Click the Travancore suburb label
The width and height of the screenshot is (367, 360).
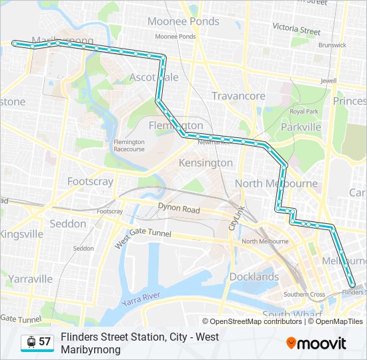(238, 96)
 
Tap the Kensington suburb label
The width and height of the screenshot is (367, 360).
(206, 163)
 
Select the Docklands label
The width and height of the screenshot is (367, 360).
(254, 277)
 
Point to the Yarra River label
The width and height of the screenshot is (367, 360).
(141, 299)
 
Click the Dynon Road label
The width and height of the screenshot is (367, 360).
(179, 210)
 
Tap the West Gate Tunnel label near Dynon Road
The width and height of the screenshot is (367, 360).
(143, 236)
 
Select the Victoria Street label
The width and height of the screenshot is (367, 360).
(296, 30)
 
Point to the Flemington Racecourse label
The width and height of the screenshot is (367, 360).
(129, 145)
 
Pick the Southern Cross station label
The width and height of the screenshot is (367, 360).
(304, 294)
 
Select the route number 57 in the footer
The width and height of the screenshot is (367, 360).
(45, 341)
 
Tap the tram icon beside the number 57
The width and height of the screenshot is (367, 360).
(31, 341)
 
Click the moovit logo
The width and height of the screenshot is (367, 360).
(316, 343)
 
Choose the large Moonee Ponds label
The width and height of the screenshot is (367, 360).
(183, 21)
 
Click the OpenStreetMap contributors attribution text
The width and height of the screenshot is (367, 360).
(252, 321)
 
